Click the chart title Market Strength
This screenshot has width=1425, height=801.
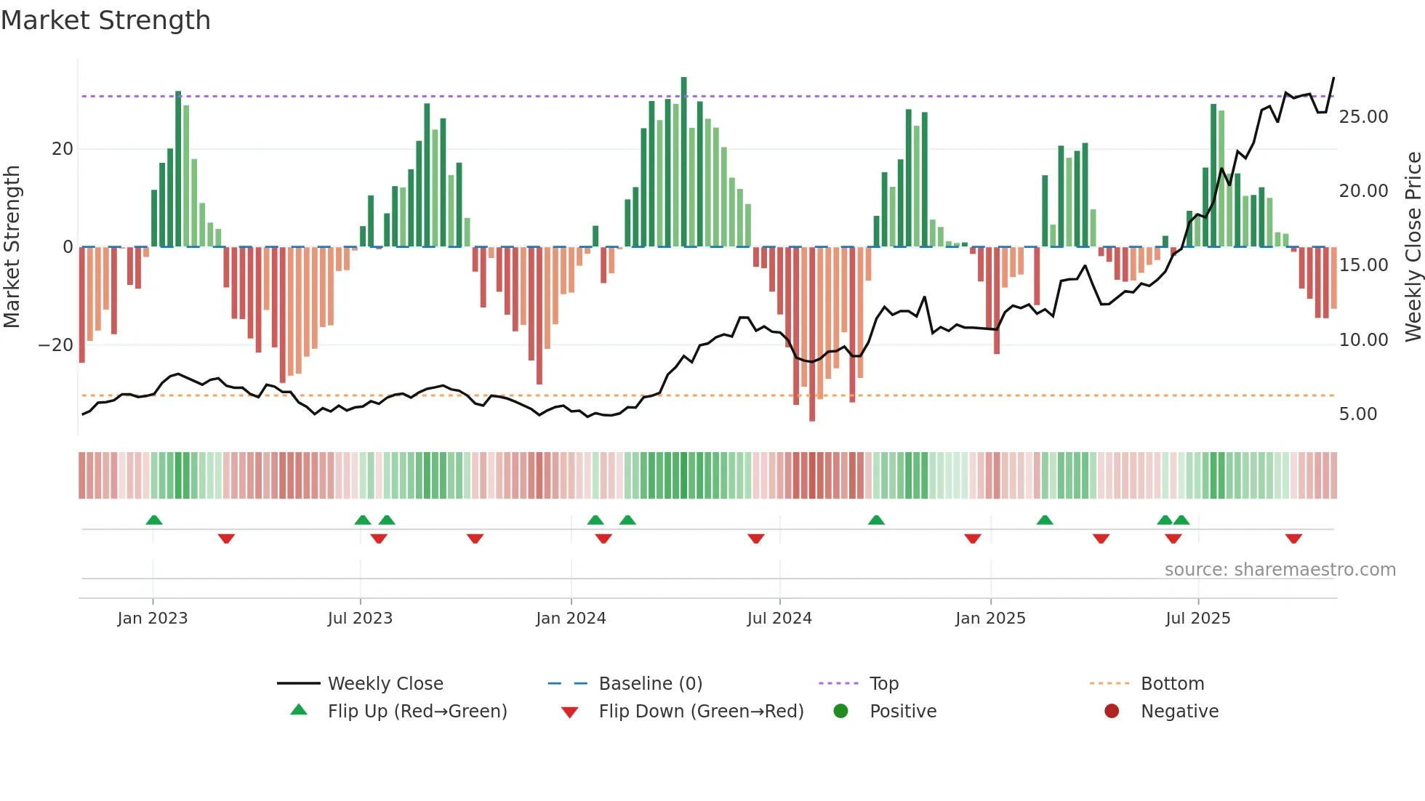(x=105, y=20)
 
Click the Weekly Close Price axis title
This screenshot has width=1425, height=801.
(x=1413, y=246)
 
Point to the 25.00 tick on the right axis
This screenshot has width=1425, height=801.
(x=1363, y=117)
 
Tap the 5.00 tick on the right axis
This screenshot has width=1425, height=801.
(x=1357, y=414)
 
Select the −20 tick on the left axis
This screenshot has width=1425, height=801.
(x=56, y=345)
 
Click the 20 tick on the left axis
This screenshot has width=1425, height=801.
(x=63, y=149)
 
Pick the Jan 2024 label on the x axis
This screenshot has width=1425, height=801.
(x=571, y=619)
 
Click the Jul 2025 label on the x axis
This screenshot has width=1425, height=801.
(x=1197, y=619)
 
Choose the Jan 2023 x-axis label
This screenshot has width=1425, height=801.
(x=153, y=619)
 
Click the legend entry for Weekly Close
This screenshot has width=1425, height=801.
(x=385, y=684)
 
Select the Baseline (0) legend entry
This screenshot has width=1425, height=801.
(x=650, y=684)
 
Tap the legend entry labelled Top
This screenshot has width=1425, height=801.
(x=883, y=684)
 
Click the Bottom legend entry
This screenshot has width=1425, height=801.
(x=1172, y=684)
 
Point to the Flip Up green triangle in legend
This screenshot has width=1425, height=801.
(x=299, y=710)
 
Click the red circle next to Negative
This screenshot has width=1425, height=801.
(x=1112, y=711)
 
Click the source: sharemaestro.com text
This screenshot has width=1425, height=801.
(x=1280, y=570)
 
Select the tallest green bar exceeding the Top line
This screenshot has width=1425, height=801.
(x=683, y=161)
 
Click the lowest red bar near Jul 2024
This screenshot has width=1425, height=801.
(x=812, y=334)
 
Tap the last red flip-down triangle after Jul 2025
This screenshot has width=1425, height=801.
(x=1293, y=539)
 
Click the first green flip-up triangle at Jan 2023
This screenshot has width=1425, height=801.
(x=154, y=520)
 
